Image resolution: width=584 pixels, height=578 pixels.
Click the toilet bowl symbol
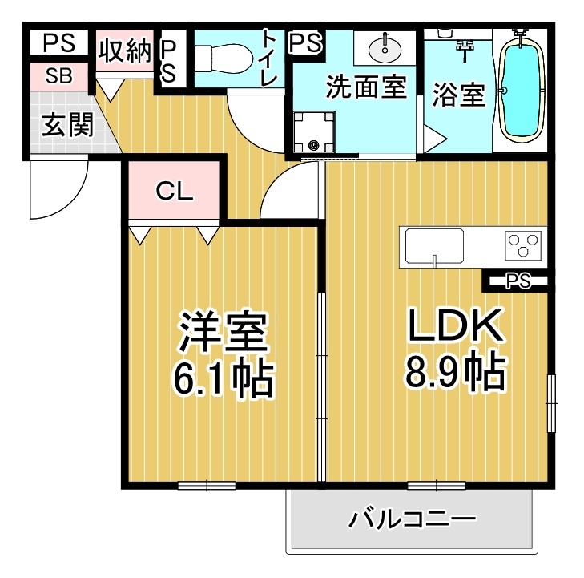pyautogui.click(x=223, y=59)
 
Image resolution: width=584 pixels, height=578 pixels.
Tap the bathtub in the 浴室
pyautogui.click(x=521, y=89)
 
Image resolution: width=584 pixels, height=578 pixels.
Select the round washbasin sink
pyautogui.click(x=385, y=48)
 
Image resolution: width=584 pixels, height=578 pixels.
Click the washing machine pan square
pyautogui.click(x=313, y=131)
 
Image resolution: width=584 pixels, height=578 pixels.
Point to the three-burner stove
pyautogui.click(x=523, y=245)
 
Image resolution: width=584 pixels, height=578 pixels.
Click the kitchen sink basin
pyautogui.click(x=435, y=246)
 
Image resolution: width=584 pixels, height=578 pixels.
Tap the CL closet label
pyautogui.click(x=174, y=191)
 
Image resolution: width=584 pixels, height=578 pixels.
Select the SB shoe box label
pyautogui.click(x=58, y=75)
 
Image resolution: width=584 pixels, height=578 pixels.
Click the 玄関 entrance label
pyautogui.click(x=67, y=124)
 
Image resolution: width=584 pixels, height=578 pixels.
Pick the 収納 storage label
pyautogui.click(x=126, y=51)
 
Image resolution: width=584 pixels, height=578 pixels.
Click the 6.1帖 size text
pyautogui.click(x=223, y=378)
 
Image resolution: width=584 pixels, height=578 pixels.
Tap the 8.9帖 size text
pyautogui.click(x=456, y=370)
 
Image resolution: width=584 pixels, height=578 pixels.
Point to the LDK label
pyautogui.click(x=456, y=325)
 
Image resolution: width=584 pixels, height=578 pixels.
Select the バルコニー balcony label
pyautogui.click(x=413, y=519)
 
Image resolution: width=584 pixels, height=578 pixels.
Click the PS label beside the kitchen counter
pyautogui.click(x=518, y=281)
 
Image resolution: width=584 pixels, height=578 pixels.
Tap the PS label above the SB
pyautogui.click(x=58, y=42)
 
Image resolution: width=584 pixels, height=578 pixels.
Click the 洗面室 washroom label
pyautogui.click(x=366, y=87)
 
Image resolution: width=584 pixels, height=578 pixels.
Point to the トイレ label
pyautogui.click(x=269, y=57)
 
